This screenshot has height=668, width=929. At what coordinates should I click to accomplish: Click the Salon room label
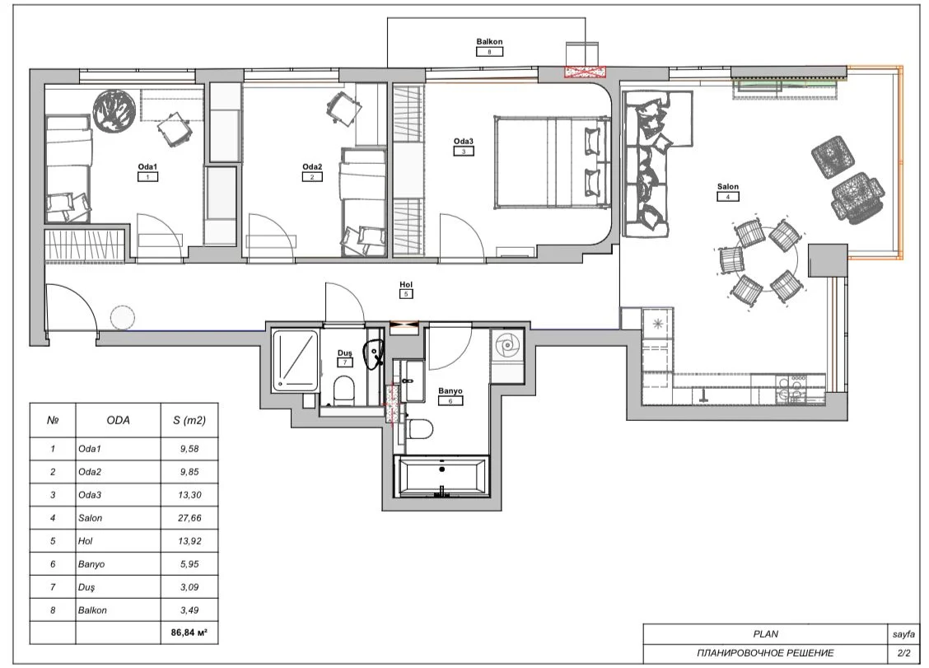(x=727, y=186)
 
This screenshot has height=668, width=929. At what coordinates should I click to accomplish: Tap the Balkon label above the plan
(x=489, y=41)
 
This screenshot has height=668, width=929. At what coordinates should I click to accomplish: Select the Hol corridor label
(x=406, y=284)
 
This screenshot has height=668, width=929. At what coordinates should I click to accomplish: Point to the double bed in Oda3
(x=552, y=161)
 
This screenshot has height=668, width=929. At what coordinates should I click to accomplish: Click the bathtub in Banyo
(x=442, y=476)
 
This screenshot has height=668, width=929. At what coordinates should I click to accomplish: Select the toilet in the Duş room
(x=343, y=390)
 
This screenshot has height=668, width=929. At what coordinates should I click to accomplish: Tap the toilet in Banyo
(x=419, y=428)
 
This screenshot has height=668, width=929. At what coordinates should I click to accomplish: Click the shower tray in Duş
(x=295, y=361)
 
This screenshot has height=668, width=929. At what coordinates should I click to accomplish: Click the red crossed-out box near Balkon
(x=585, y=72)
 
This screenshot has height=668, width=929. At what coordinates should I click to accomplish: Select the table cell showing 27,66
(x=189, y=517)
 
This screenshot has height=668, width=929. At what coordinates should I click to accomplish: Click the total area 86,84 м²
(x=189, y=633)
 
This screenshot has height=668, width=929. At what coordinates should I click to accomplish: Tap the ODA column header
(x=118, y=420)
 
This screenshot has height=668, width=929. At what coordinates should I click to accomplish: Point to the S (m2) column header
(x=189, y=420)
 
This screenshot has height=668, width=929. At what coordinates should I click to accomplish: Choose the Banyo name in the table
(x=91, y=563)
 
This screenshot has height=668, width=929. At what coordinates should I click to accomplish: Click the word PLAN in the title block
(x=765, y=633)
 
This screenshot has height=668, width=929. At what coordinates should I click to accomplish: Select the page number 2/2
(x=903, y=652)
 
